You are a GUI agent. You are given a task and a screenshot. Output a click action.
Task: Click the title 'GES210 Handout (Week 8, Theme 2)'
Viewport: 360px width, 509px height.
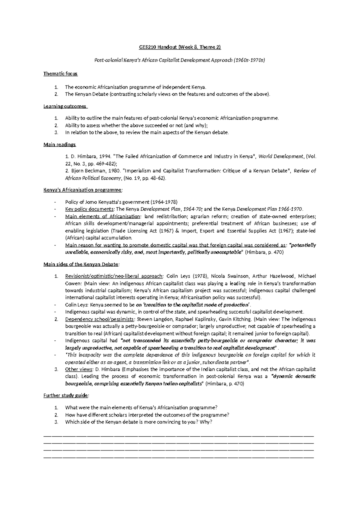180,47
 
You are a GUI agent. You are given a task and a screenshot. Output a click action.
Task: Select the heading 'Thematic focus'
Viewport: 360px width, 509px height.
60,74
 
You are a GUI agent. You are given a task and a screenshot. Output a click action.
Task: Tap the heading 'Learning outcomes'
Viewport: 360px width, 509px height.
65,106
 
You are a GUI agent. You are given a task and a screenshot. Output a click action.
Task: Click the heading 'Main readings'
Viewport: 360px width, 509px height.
60,145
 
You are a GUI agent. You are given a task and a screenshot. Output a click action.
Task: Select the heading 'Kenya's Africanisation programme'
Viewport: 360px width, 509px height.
83,190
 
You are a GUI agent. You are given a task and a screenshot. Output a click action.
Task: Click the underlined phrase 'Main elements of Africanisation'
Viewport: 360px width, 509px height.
102,216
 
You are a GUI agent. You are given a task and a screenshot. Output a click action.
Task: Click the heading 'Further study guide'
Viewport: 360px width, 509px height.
66,396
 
